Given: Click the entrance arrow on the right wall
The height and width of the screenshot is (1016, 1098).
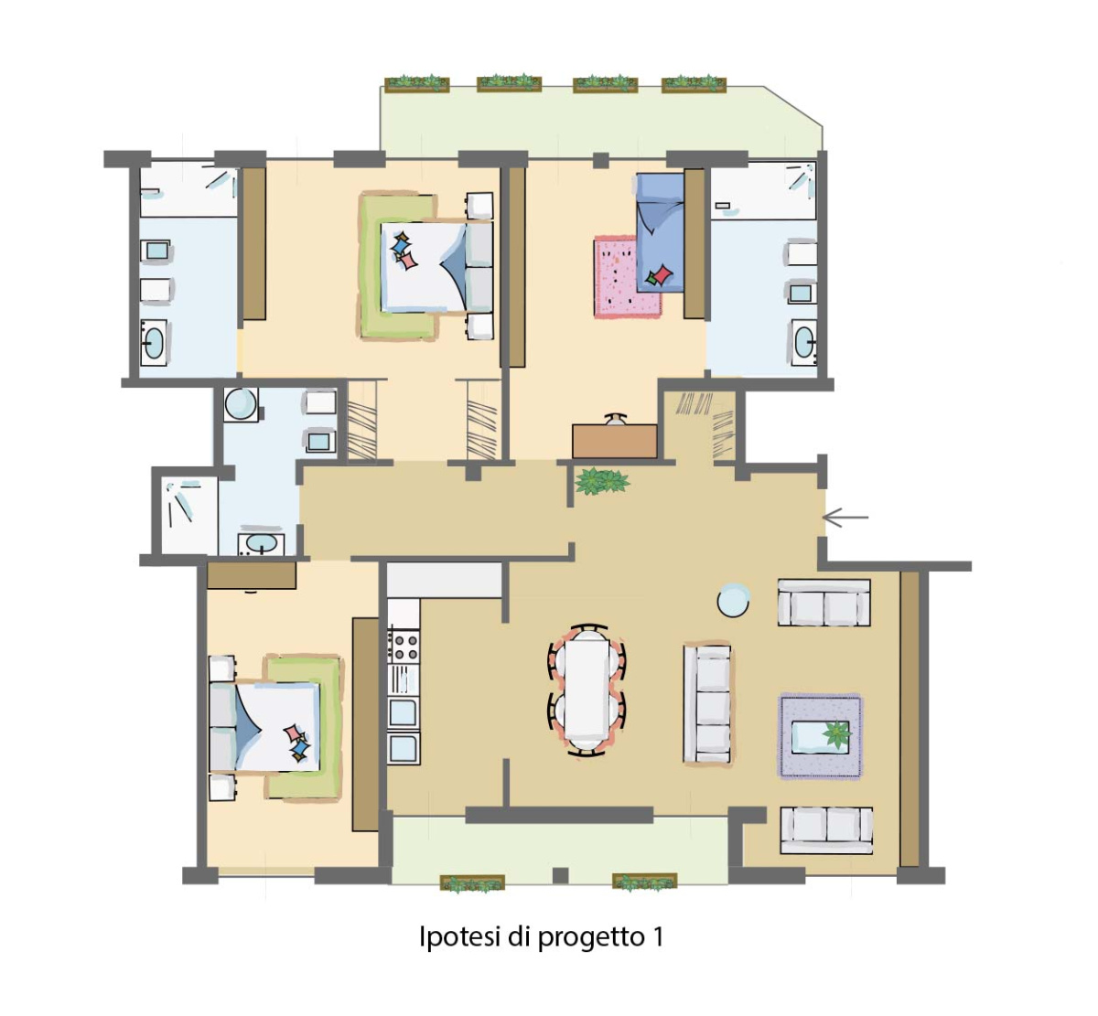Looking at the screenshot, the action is [x=845, y=518].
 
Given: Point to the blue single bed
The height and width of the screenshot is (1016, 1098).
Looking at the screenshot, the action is [x=661, y=232].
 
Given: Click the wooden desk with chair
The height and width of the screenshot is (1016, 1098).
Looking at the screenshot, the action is [x=615, y=437].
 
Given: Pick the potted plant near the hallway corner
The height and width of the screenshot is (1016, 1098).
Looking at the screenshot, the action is [x=601, y=480].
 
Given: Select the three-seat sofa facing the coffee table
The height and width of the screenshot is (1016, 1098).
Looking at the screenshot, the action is [x=707, y=703].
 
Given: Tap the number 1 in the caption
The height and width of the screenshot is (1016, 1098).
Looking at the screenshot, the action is [x=658, y=936].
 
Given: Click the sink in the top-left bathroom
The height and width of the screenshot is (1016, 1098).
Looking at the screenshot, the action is [x=153, y=342].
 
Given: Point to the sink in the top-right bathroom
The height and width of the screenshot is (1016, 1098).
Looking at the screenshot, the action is [x=804, y=342].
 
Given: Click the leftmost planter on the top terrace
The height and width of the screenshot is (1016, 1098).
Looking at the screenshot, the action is [x=417, y=83].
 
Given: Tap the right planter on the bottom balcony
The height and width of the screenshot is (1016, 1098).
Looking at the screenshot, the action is [x=645, y=882].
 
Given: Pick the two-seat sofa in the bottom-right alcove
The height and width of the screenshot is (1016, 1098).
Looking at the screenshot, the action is [x=826, y=831].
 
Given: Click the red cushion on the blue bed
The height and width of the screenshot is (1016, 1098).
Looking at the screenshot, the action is [x=662, y=274].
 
